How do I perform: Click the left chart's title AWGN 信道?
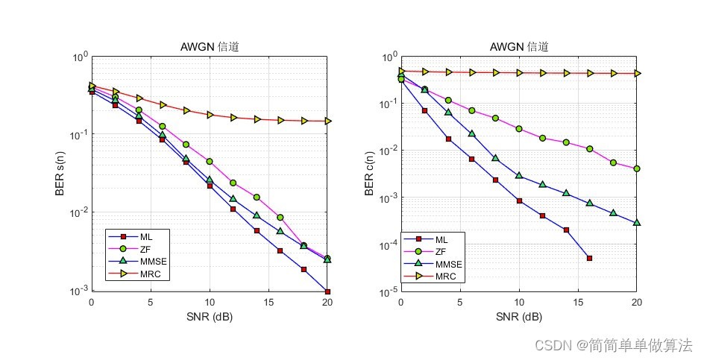[210, 47]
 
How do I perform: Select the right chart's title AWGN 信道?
[519, 47]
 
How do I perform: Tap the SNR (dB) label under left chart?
[210, 317]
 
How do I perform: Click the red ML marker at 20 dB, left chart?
[327, 291]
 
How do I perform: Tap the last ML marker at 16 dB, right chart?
[589, 258]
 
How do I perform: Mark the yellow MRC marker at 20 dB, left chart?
[327, 121]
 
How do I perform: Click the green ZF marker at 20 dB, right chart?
[637, 168]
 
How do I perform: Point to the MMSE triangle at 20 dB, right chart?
[637, 222]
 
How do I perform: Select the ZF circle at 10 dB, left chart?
[210, 161]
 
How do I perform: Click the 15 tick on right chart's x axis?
[578, 303]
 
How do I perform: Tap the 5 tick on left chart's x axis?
[151, 303]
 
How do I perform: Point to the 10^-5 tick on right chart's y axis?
[389, 292]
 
